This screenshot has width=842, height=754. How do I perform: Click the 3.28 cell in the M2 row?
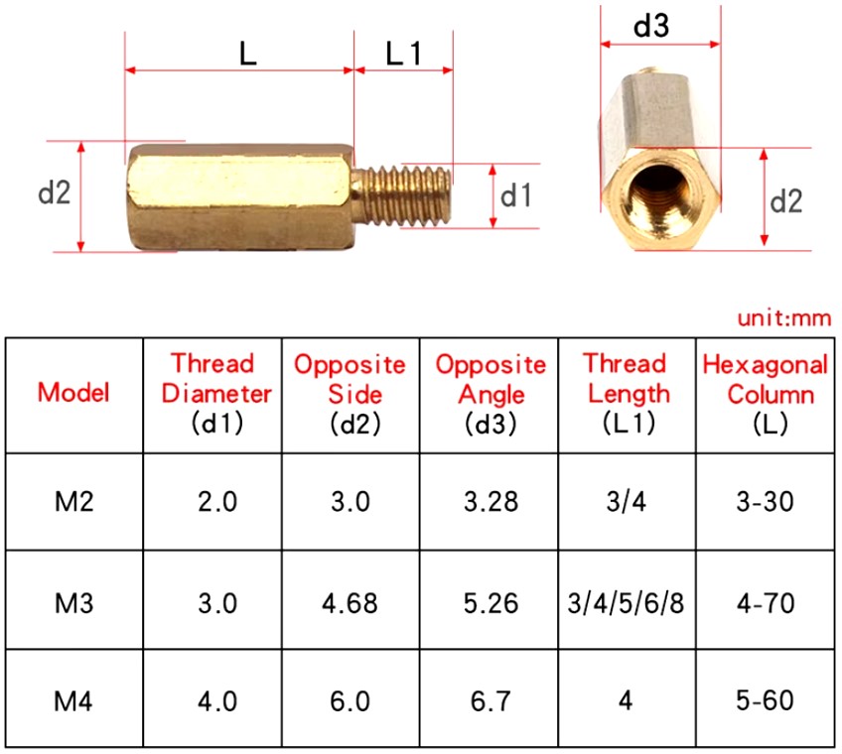pos(491,502)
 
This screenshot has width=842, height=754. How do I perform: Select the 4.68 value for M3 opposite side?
pos(351,603)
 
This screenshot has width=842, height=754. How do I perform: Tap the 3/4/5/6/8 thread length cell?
pos(627,603)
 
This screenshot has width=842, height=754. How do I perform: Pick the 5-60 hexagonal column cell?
pos(765,700)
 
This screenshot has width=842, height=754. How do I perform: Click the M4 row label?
pos(73,701)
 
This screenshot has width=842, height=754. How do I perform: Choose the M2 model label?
pos(74,502)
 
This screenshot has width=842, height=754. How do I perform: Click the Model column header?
pos(73,392)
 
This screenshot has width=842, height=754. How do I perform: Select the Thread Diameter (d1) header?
pos(216,393)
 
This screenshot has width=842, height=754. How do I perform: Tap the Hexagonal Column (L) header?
pos(766,393)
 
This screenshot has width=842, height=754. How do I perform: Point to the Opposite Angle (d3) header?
pos(491,393)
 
